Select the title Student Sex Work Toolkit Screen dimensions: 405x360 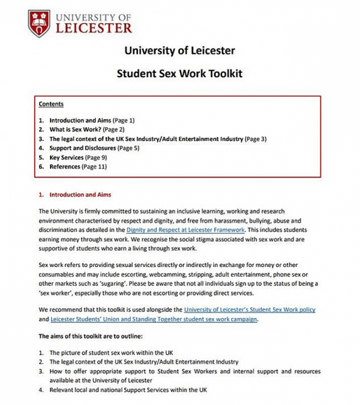180,75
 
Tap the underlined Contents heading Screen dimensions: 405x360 51,104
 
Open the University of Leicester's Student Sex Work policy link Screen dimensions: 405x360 250,310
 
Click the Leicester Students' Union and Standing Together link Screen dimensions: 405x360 148,319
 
